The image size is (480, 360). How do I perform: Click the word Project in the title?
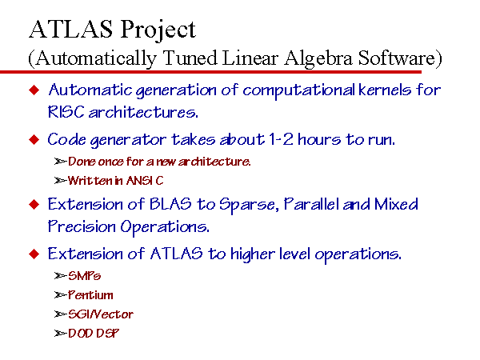pyautogui.click(x=158, y=30)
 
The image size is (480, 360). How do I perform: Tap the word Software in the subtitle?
pyautogui.click(x=397, y=58)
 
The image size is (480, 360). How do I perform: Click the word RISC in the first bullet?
pyautogui.click(x=66, y=112)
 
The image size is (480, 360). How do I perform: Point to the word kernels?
pyautogui.click(x=385, y=90)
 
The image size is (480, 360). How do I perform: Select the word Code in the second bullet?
pyautogui.click(x=66, y=139)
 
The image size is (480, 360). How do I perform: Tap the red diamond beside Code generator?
pyautogui.click(x=34, y=139)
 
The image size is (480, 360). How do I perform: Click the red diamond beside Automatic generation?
pyautogui.click(x=34, y=90)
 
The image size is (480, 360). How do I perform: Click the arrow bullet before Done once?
pyautogui.click(x=60, y=162)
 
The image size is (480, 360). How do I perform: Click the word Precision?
pyautogui.click(x=82, y=226)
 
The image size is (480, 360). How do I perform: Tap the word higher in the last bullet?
pyautogui.click(x=252, y=254)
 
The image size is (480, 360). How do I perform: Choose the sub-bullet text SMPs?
pyautogui.click(x=84, y=276)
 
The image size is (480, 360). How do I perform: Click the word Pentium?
pyautogui.click(x=90, y=295)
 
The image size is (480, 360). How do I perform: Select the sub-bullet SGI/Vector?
pyautogui.click(x=101, y=314)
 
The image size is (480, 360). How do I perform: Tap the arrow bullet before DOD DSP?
pyautogui.click(x=60, y=334)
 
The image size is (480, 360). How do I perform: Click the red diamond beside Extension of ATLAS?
pyautogui.click(x=34, y=254)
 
